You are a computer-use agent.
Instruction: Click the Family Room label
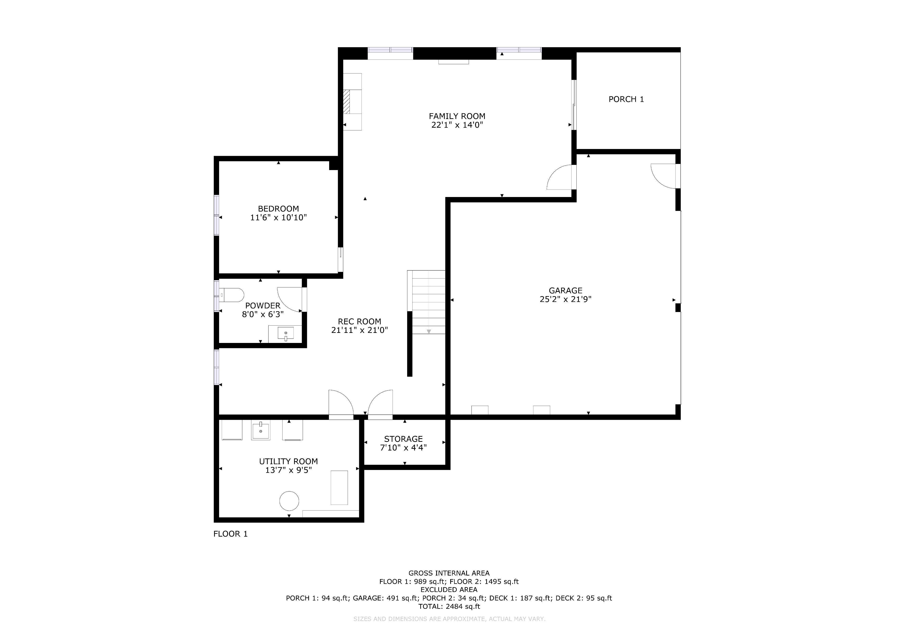[457, 116]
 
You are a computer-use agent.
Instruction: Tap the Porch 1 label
[626, 99]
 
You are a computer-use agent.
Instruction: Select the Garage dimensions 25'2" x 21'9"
[565, 299]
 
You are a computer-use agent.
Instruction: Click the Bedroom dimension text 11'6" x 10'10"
[278, 217]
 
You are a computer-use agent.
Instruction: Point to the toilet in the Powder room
[231, 295]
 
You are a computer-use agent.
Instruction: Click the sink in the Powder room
[285, 334]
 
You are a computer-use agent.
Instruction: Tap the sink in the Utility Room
[260, 430]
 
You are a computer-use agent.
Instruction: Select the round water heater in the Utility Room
[289, 501]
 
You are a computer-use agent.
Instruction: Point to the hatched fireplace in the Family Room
[346, 101]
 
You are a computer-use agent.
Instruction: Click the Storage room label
[403, 439]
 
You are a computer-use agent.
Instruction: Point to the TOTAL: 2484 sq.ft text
[449, 606]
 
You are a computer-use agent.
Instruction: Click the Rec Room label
[359, 321]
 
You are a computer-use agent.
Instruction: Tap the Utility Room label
[289, 461]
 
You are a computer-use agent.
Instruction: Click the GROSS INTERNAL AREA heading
[449, 573]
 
